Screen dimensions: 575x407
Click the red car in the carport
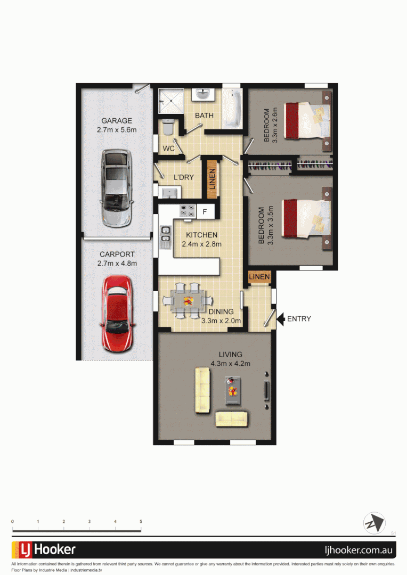pyautogui.click(x=118, y=314)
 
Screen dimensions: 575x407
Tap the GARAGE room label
pyautogui.click(x=117, y=121)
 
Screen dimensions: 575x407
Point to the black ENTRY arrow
pyautogui.click(x=280, y=319)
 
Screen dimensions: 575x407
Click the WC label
pyautogui.click(x=168, y=149)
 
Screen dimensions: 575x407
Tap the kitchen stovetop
pyautogui.click(x=187, y=211)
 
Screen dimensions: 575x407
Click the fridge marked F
pyautogui.click(x=205, y=211)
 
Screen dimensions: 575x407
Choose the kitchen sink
pyautogui.click(x=165, y=237)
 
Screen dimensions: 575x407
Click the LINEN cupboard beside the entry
pyautogui.click(x=259, y=277)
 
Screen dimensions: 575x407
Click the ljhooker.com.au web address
pyautogui.click(x=360, y=550)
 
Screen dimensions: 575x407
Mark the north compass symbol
pyautogui.click(x=374, y=523)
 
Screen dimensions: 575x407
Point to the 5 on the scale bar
pyautogui.click(x=141, y=522)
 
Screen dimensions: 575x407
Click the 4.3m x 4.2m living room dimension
pyautogui.click(x=230, y=364)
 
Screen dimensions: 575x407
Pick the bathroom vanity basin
pyautogui.click(x=203, y=94)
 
